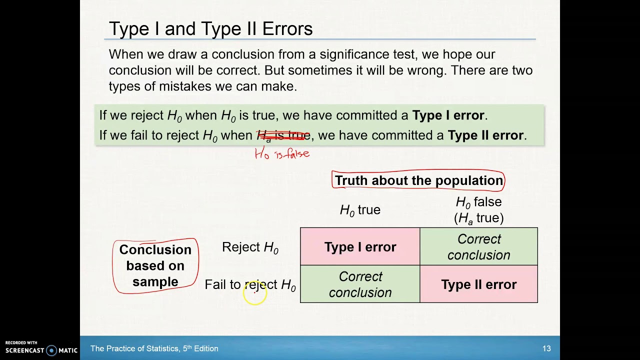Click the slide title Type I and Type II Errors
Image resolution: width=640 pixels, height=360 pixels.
(x=210, y=29)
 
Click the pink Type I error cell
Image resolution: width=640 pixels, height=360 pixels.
(x=360, y=246)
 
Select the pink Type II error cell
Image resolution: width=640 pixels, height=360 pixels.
(x=478, y=284)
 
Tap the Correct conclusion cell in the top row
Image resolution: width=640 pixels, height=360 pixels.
(x=478, y=246)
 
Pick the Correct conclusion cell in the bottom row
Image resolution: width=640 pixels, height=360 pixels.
(x=360, y=284)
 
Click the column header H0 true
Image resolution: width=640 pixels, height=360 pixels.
(x=360, y=210)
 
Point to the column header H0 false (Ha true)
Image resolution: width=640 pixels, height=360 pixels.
(x=478, y=209)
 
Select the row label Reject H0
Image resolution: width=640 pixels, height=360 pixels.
(x=250, y=247)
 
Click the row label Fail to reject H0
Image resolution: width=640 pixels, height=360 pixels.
(x=250, y=284)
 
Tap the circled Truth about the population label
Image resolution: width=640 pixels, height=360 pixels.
(x=418, y=180)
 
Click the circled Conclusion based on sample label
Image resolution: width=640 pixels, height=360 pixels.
(x=155, y=265)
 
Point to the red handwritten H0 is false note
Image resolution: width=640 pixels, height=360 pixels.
(x=282, y=153)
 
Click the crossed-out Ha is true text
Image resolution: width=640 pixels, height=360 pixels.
(x=283, y=135)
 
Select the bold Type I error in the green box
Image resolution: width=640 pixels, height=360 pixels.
(x=448, y=115)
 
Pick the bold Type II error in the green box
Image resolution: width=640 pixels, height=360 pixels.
(x=485, y=135)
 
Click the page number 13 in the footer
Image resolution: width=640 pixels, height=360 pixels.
(x=546, y=348)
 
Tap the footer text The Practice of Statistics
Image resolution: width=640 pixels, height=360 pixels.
(x=154, y=348)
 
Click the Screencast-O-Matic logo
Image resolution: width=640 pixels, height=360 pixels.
(x=41, y=348)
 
